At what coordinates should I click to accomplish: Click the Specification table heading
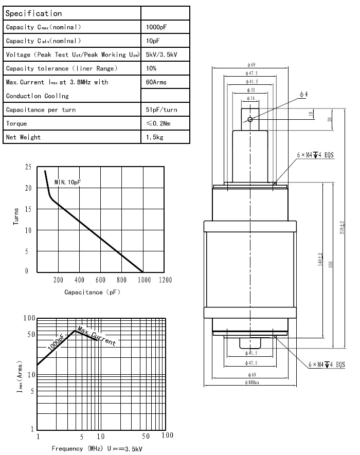33,13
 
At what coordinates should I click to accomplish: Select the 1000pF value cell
157,27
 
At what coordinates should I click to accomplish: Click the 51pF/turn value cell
161,110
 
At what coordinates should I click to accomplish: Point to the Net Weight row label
23,137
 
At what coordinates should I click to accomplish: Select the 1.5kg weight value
155,137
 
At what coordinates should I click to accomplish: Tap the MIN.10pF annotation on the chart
68,183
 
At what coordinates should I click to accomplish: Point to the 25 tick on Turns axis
28,168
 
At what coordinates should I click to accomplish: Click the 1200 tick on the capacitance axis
165,280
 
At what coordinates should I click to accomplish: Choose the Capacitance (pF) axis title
92,292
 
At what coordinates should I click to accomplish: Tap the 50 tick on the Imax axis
30,335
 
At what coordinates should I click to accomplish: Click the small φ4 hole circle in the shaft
249,119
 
